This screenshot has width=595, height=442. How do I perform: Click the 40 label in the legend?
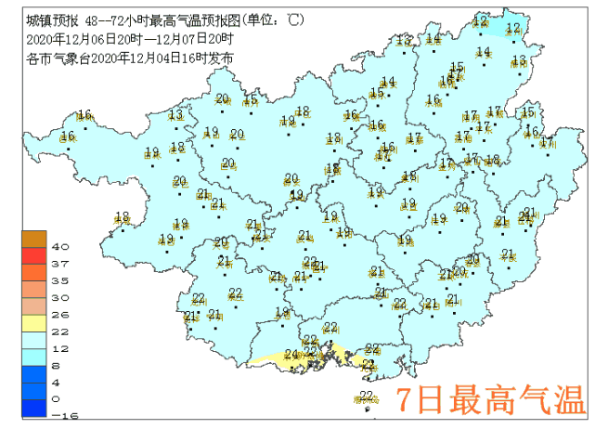(60, 247)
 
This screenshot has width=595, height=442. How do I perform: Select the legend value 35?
(60, 280)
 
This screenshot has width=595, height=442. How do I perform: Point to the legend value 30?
(60, 297)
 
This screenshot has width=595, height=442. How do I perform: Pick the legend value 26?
(60, 314)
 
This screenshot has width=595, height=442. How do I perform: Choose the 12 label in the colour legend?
(60, 348)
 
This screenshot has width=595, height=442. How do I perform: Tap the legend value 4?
(60, 382)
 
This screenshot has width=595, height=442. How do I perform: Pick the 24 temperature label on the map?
(291, 355)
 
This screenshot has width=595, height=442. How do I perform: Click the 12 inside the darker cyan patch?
(512, 29)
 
